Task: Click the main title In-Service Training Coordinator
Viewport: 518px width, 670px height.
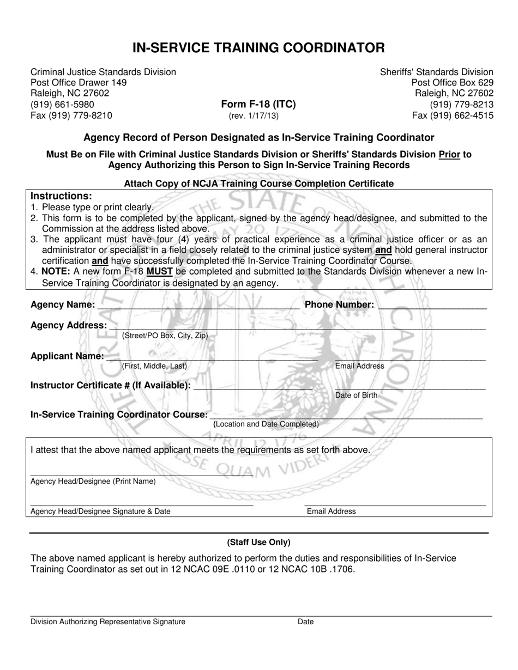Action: click(x=258, y=48)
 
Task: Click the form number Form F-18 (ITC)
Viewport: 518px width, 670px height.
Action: click(x=258, y=105)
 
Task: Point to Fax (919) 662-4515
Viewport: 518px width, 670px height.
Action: click(x=452, y=115)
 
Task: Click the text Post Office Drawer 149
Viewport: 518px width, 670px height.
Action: click(x=79, y=83)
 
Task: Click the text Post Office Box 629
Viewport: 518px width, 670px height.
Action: click(x=452, y=83)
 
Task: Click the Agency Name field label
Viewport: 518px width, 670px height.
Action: click(x=63, y=305)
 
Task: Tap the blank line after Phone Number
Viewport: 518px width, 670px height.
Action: click(x=432, y=306)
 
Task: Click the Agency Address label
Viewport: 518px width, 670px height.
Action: click(x=69, y=325)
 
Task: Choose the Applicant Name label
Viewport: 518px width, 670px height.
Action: click(x=67, y=356)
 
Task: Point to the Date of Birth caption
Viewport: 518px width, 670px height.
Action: click(x=356, y=395)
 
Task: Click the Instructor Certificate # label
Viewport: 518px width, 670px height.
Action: click(x=111, y=386)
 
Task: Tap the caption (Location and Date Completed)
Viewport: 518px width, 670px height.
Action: click(x=266, y=424)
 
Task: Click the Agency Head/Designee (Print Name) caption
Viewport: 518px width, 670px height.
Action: click(x=93, y=482)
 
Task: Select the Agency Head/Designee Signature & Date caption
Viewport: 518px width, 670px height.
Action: click(x=100, y=511)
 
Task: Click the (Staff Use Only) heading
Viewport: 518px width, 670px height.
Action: click(x=258, y=542)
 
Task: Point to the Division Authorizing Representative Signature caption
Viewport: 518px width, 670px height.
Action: click(x=107, y=622)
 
